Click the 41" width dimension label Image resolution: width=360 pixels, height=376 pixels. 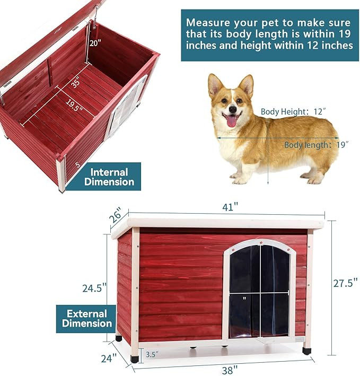point(230,206)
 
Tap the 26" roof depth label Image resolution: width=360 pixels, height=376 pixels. point(116,215)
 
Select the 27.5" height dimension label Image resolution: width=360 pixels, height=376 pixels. point(345,283)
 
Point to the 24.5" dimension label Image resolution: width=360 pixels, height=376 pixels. point(94,288)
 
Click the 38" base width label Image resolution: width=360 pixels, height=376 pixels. point(230,370)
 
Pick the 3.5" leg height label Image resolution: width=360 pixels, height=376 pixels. point(152,354)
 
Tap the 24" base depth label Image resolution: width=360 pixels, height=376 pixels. point(109,358)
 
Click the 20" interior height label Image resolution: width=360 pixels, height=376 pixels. point(95,43)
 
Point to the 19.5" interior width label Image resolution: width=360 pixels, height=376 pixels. point(74,106)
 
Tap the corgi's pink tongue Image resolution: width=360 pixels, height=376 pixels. point(231,121)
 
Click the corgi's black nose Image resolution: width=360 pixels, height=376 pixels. point(233,109)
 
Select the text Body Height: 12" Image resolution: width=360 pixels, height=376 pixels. point(293,111)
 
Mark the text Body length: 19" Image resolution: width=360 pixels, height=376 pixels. point(316,145)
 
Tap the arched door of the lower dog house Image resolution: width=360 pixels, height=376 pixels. point(260,290)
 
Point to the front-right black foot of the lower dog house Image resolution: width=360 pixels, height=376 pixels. point(306,351)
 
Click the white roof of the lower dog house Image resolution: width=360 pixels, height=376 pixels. point(217,225)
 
